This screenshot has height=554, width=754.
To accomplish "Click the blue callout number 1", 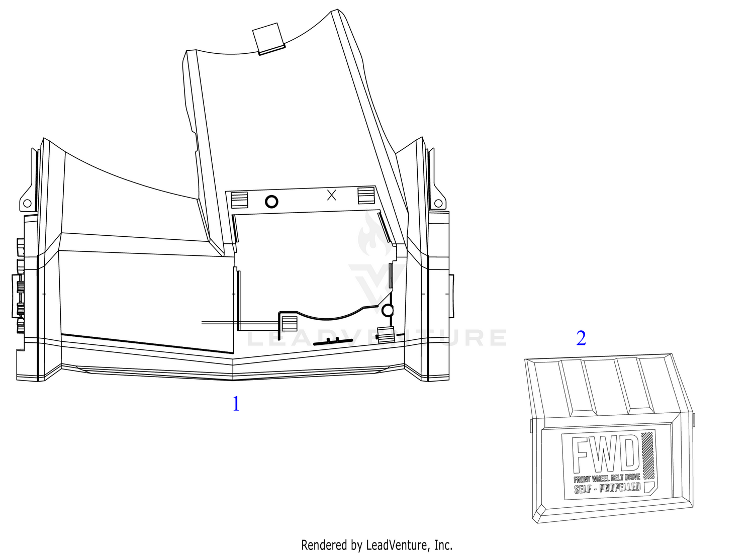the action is [236, 404].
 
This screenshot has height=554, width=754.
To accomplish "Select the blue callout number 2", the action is [581, 338].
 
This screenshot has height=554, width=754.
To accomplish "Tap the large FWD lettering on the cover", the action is [606, 454].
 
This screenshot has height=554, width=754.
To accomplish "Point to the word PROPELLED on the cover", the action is [620, 487].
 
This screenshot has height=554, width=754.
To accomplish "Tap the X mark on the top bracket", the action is [332, 195].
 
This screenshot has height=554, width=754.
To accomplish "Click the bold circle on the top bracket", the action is [271, 202].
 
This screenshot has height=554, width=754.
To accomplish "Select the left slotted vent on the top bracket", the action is [239, 200].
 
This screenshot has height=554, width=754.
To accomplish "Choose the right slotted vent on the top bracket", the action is [366, 196].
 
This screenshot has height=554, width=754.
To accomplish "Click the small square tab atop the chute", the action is [268, 38].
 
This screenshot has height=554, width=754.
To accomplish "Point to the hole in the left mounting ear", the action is [27, 203].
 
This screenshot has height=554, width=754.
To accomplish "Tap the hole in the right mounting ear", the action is [438, 203].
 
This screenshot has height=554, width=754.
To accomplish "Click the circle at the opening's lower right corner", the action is [388, 310].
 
